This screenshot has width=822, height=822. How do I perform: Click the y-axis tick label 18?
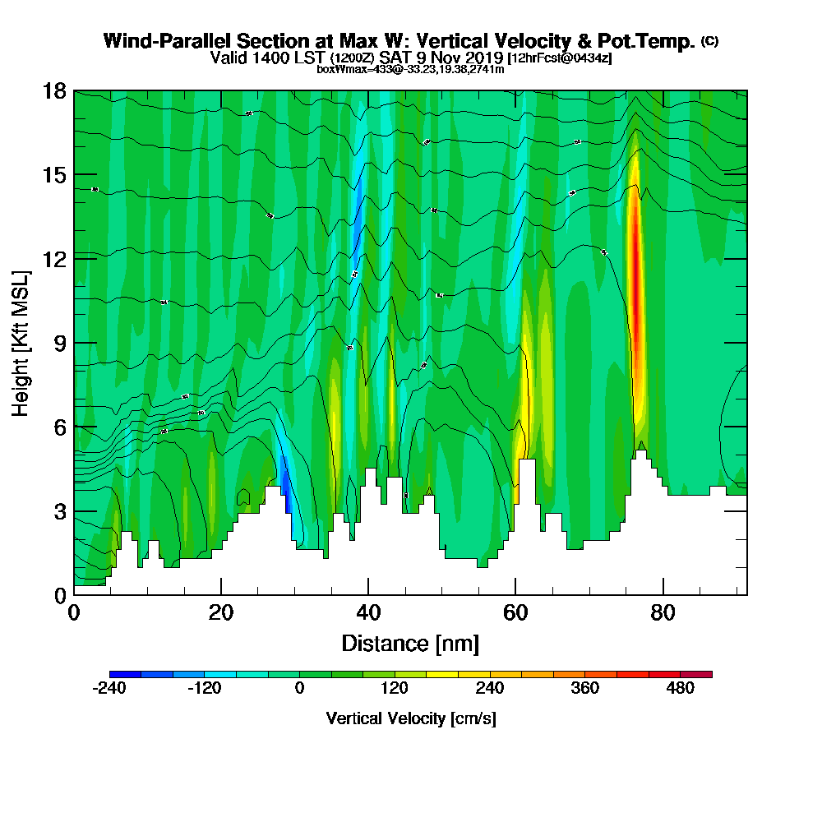tap(53, 90)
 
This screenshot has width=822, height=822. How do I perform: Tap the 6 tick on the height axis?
tap(59, 427)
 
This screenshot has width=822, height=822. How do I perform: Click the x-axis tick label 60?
tap(515, 612)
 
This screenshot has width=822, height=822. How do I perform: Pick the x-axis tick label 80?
tap(663, 612)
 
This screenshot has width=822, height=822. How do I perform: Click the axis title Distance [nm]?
tap(410, 642)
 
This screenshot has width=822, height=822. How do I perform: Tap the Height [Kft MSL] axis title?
tap(21, 342)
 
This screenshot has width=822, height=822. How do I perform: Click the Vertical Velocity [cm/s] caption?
tap(410, 718)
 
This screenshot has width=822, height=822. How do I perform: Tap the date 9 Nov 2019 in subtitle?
tap(460, 58)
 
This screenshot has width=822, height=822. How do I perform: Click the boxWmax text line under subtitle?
tap(410, 69)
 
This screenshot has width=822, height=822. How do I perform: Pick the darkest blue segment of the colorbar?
tap(125, 674)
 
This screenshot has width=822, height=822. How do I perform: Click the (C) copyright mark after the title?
tap(709, 41)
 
